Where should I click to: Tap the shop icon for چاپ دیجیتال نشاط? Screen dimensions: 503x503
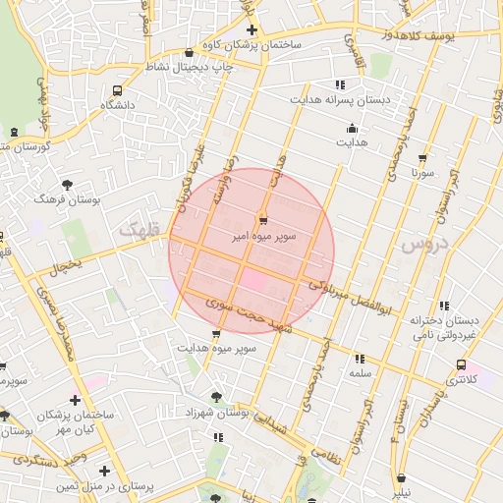[189, 53]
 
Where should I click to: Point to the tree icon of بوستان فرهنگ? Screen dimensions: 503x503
[67, 184]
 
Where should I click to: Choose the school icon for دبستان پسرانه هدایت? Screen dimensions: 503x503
[341, 84]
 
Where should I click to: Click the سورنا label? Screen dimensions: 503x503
[423, 172]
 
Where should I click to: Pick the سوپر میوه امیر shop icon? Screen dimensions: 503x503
[262, 220]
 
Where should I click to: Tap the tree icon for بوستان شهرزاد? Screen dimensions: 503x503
[216, 397]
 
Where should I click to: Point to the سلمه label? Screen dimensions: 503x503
[360, 374]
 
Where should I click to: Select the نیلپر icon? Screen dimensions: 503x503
[401, 478]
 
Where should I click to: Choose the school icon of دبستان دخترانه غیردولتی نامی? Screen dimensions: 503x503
[445, 307]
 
